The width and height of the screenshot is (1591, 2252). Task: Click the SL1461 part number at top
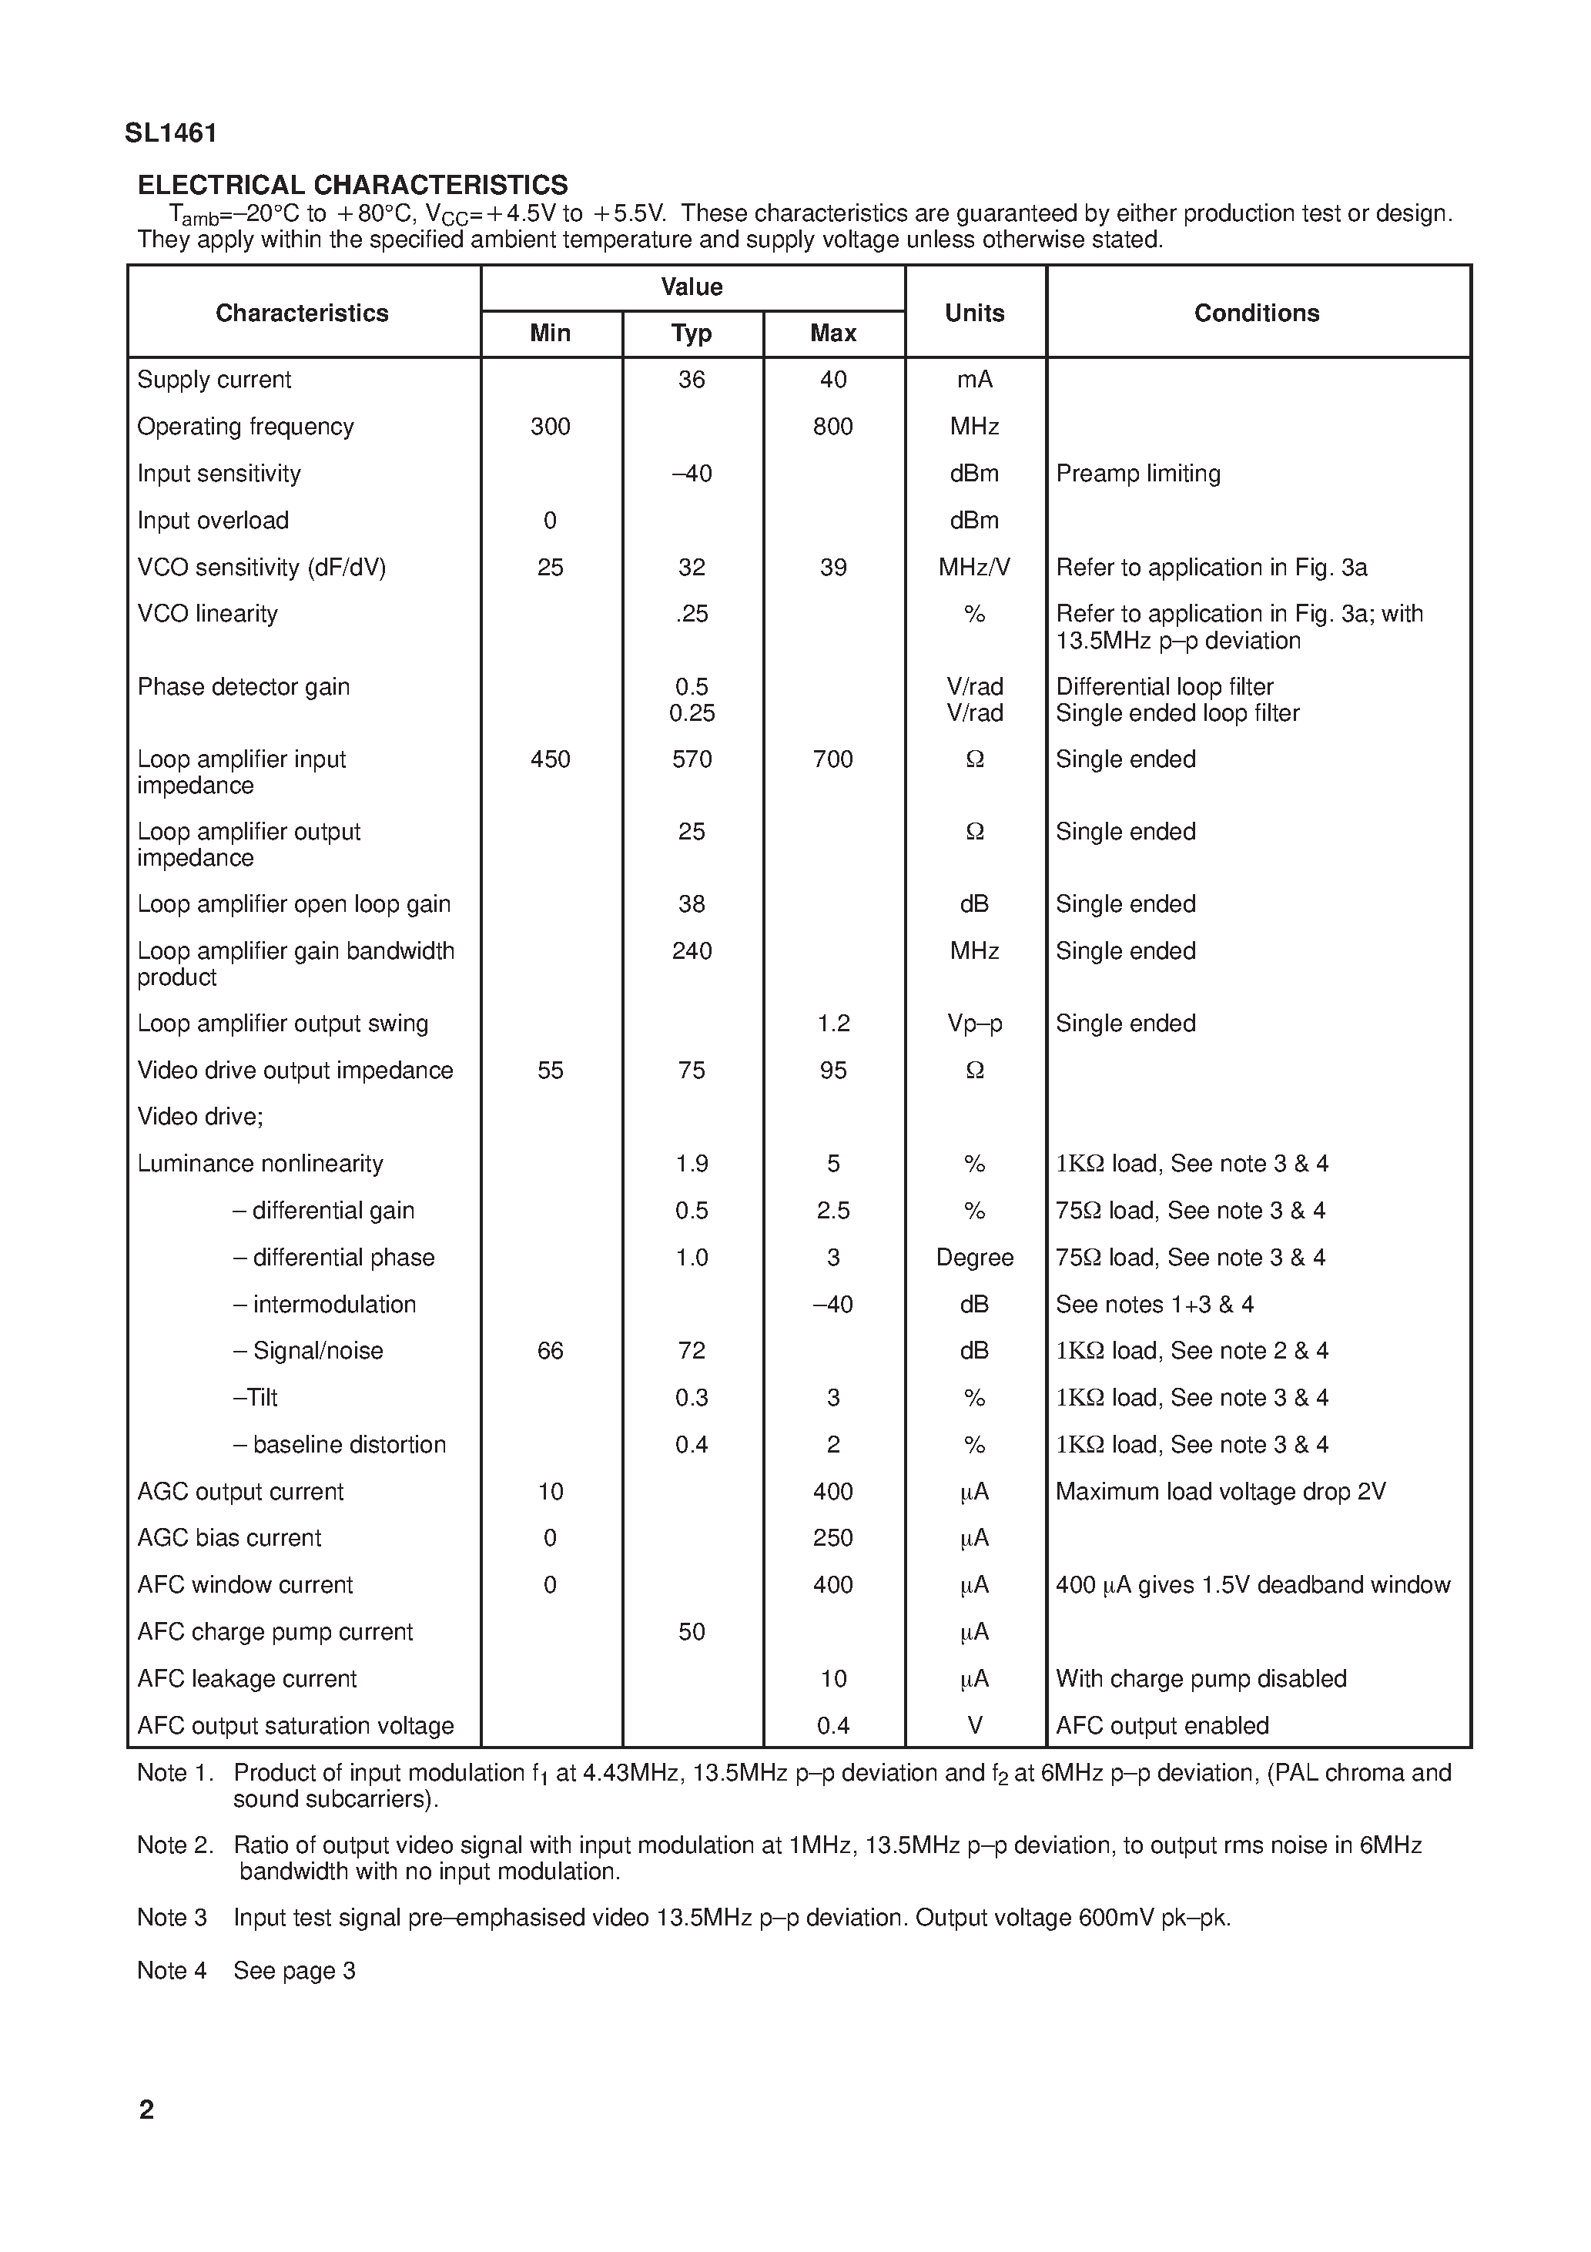[171, 133]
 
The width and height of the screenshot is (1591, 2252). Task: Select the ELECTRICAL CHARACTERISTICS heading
[352, 186]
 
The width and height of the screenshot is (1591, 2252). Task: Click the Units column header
[974, 313]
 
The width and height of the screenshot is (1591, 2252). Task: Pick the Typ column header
[692, 333]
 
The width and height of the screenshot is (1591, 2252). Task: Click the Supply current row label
[214, 380]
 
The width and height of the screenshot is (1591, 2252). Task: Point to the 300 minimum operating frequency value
[551, 427]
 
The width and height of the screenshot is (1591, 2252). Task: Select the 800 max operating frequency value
[832, 427]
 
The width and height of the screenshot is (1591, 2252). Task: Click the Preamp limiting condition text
[1138, 474]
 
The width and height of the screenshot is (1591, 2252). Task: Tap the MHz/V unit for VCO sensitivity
[974, 568]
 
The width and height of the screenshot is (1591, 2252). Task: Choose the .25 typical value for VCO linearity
[692, 614]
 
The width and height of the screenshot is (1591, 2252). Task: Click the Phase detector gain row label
[243, 686]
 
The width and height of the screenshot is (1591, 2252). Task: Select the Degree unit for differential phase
[974, 1258]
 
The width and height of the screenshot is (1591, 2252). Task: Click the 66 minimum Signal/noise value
[551, 1352]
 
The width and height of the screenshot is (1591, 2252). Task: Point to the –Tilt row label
[255, 1398]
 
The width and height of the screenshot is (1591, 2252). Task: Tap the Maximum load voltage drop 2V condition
[1221, 1492]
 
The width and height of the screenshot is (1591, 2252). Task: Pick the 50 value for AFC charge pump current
[692, 1632]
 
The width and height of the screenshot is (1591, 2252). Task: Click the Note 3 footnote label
[172, 1918]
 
